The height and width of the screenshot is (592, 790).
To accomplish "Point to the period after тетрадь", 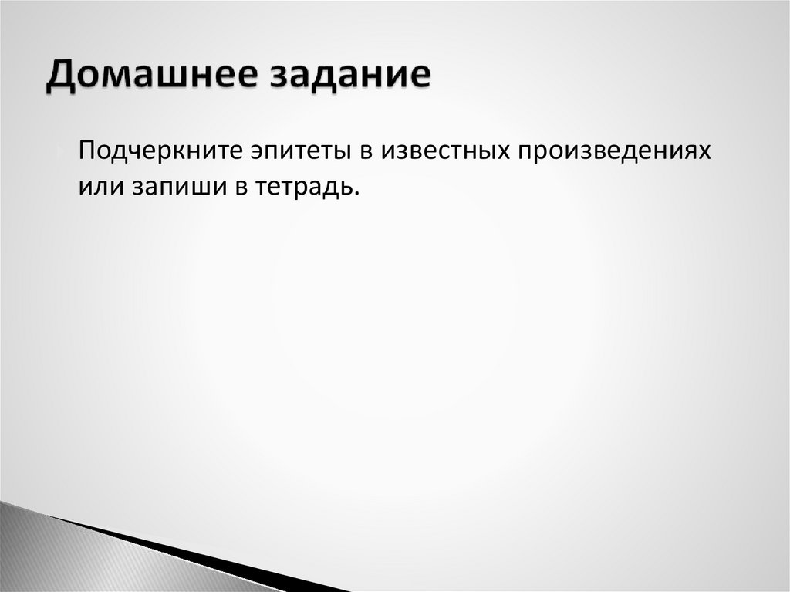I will (357, 193).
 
